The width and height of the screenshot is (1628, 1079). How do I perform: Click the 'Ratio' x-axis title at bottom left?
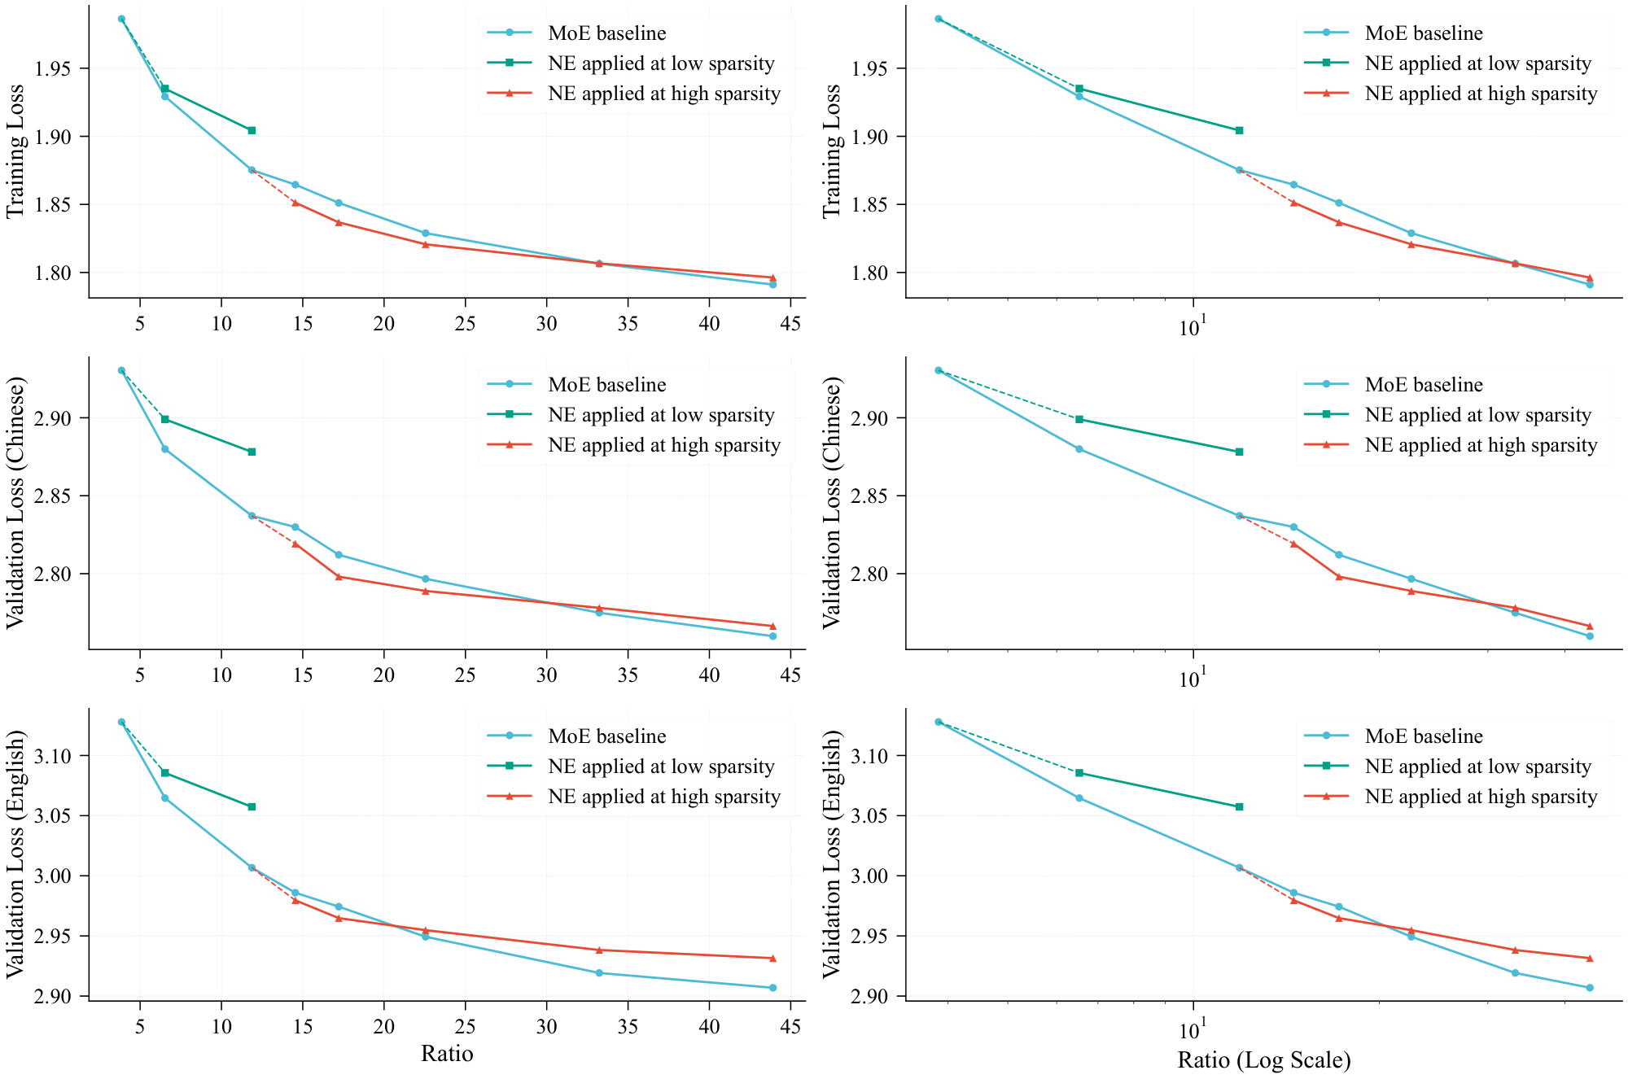pos(447,1053)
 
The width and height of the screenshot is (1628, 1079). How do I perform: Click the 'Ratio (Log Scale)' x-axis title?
pos(1263,1059)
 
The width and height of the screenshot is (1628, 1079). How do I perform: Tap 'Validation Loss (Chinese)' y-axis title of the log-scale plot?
pos(831,503)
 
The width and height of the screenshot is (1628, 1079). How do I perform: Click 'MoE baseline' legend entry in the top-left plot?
pos(606,33)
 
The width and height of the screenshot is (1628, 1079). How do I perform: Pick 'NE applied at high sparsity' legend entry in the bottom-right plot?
pos(1480,797)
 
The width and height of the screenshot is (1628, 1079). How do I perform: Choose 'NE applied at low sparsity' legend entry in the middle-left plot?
pos(660,415)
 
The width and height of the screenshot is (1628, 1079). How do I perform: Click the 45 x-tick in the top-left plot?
pos(790,324)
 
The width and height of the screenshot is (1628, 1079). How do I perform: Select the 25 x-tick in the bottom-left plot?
pos(465,1027)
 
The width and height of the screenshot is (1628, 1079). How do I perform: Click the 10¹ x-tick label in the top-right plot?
pos(1193,327)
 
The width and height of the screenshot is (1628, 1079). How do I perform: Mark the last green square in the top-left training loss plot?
pos(252,130)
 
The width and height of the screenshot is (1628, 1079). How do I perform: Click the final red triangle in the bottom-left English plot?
pos(772,958)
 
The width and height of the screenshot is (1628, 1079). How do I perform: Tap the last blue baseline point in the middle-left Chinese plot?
pos(772,636)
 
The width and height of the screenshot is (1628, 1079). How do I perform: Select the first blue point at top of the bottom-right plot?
pos(938,722)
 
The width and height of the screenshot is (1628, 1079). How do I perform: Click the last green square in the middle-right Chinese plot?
pos(1239,452)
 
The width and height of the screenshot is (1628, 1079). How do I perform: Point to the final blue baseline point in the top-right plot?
pos(1589,284)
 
